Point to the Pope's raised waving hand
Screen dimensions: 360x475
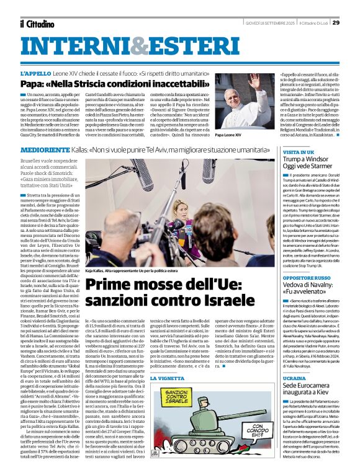click(x=253, y=81)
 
